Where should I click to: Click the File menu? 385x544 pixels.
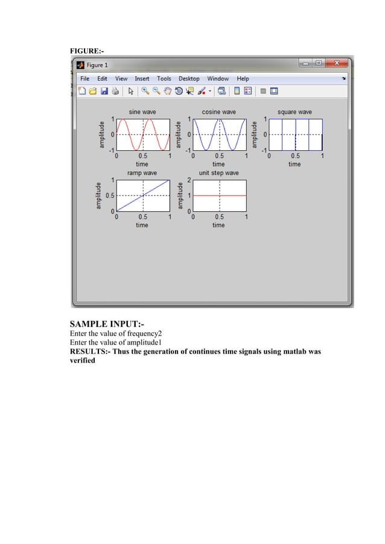point(85,78)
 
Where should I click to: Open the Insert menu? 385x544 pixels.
point(142,78)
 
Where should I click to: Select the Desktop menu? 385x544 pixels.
point(189,78)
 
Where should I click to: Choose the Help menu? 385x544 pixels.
point(243,78)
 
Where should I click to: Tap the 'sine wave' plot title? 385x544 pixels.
point(142,112)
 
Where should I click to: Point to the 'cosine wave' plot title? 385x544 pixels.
point(218,112)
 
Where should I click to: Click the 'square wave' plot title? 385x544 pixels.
point(294,112)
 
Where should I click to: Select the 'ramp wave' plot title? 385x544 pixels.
point(142,173)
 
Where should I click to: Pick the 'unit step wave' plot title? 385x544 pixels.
point(218,173)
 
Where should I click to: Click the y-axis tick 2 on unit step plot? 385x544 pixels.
point(189,180)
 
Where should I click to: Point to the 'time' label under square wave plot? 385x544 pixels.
point(294,164)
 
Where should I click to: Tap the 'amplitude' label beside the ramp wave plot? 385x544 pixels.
point(98,195)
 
